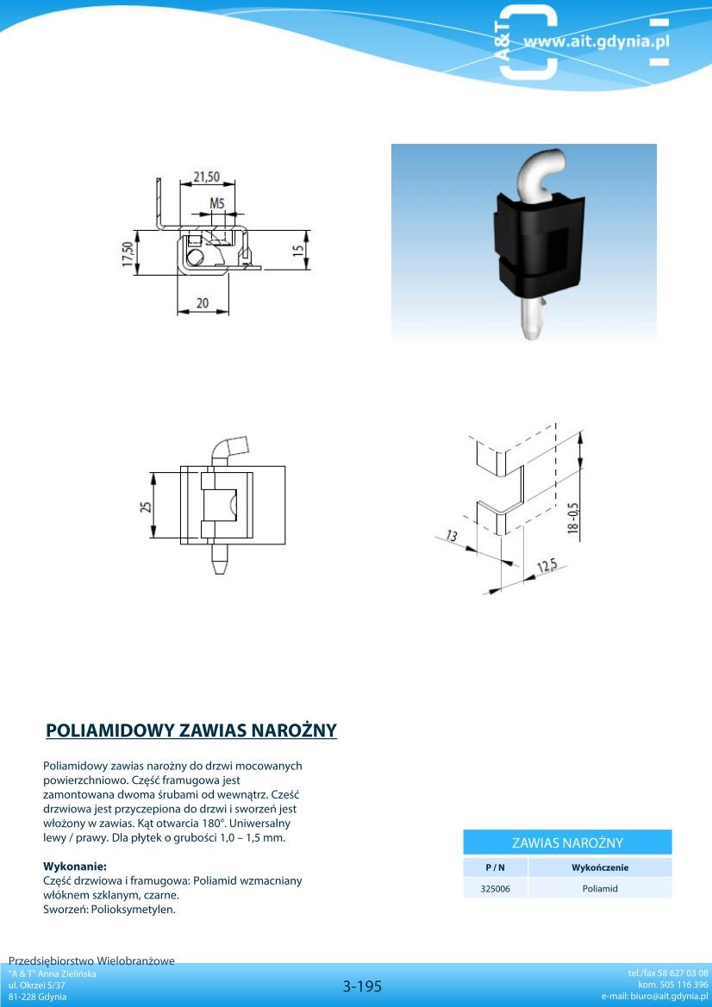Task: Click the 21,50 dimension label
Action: [x=206, y=177]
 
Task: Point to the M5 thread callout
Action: [x=217, y=203]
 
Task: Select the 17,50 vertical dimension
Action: [x=128, y=253]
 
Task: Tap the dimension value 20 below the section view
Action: [x=202, y=303]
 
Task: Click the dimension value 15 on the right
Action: [x=298, y=251]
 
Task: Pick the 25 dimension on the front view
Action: [x=147, y=507]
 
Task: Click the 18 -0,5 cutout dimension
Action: [x=573, y=519]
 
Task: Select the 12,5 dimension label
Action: [x=546, y=566]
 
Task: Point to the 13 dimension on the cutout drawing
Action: [x=453, y=536]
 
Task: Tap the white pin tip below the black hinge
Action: [x=532, y=320]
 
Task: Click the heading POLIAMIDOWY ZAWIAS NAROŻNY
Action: [x=191, y=730]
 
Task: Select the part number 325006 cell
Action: [x=496, y=889]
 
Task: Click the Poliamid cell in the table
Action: [x=600, y=889]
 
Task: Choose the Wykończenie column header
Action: [x=600, y=867]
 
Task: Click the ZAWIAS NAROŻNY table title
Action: [x=567, y=842]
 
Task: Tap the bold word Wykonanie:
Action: [x=74, y=867]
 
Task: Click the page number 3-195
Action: [x=362, y=985]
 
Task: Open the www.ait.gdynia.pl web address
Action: [x=596, y=42]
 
